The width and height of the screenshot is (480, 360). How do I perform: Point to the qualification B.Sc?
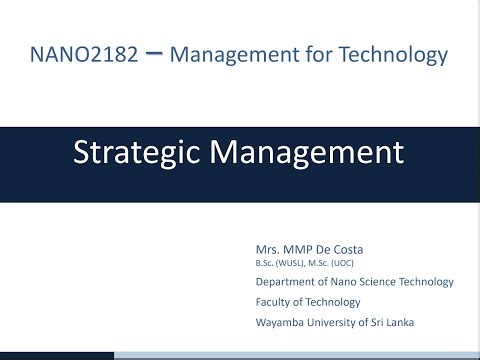point(265,262)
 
